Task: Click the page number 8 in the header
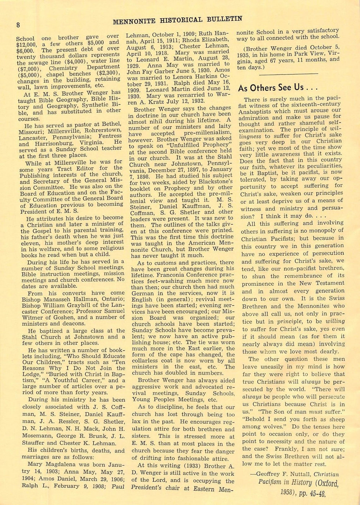[x=17, y=25]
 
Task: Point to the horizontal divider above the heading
[x=288, y=74]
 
